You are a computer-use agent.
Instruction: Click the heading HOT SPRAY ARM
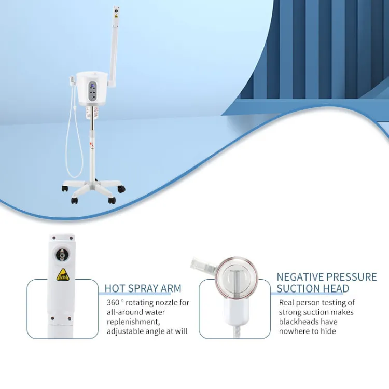point(143,288)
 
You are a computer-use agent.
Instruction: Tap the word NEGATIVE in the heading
point(299,277)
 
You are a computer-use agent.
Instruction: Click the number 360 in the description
point(113,303)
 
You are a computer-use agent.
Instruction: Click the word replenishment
point(133,322)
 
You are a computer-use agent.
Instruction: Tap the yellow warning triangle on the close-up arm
point(63,274)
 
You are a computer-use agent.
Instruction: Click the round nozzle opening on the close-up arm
point(61,255)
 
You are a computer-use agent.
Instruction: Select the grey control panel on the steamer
point(92,91)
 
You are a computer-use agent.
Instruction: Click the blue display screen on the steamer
point(92,86)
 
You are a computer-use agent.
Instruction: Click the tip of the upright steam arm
point(115,8)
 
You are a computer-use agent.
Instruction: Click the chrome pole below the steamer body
point(92,120)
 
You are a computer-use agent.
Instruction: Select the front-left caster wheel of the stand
point(74,200)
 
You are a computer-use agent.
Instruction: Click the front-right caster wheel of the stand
point(112,200)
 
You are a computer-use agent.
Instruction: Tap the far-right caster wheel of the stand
point(121,189)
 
